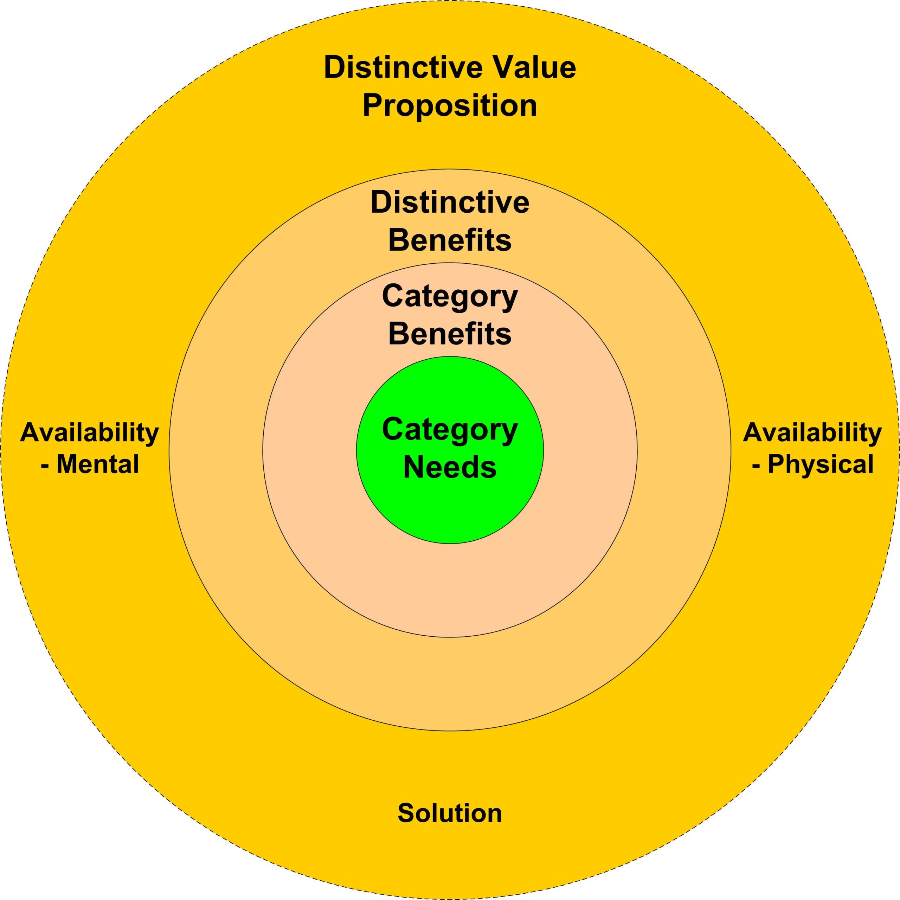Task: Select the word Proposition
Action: point(450,106)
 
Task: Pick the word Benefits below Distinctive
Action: point(450,241)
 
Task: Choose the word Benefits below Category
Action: point(450,334)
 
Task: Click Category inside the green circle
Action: point(450,430)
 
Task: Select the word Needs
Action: point(450,467)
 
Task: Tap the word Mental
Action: point(98,464)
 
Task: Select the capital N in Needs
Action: point(412,467)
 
